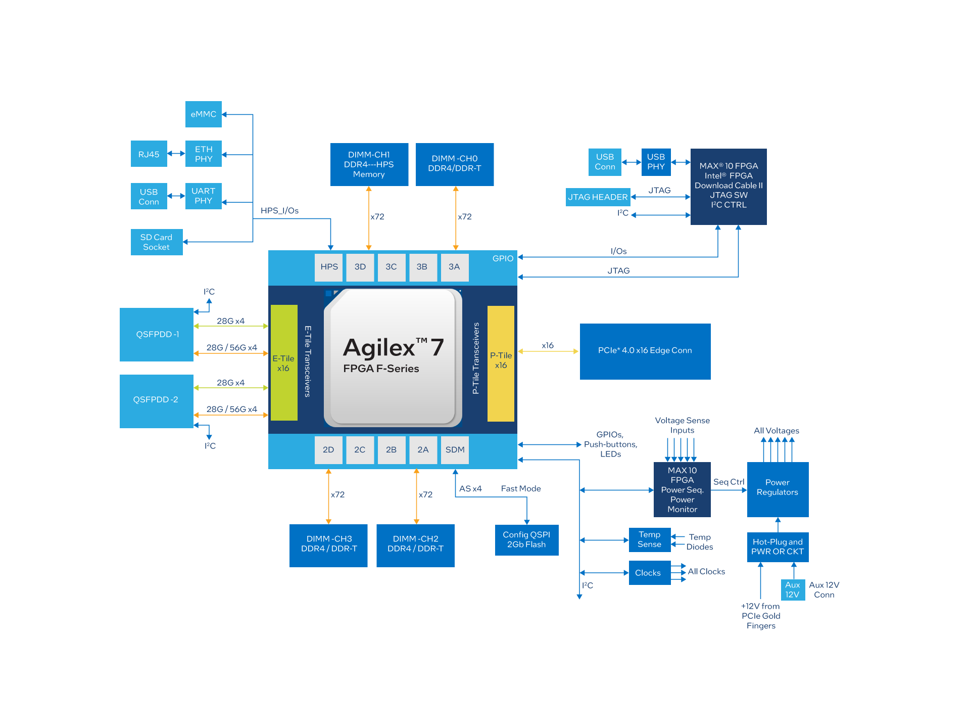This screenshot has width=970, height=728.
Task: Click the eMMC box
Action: pyautogui.click(x=203, y=114)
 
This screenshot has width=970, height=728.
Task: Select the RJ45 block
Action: pyautogui.click(x=149, y=154)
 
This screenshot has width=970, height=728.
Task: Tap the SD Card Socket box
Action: pyautogui.click(x=157, y=242)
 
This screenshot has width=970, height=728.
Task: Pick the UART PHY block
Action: pyautogui.click(x=203, y=196)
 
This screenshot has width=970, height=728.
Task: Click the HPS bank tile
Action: pyautogui.click(x=329, y=267)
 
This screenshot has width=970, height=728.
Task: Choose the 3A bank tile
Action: pyautogui.click(x=454, y=267)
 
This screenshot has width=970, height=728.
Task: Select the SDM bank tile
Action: pyautogui.click(x=455, y=450)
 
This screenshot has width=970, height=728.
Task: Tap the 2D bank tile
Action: pyautogui.click(x=328, y=450)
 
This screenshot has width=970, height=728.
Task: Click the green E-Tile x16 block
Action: pyautogui.click(x=284, y=363)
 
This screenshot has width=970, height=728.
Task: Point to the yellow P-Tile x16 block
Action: pyautogui.click(x=501, y=363)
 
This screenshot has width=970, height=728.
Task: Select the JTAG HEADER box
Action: pyautogui.click(x=598, y=197)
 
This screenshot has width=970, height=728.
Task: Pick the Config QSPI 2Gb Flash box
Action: pyautogui.click(x=526, y=540)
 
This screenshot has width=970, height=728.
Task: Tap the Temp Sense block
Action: pyautogui.click(x=649, y=540)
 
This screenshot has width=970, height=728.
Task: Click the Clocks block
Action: pyautogui.click(x=649, y=573)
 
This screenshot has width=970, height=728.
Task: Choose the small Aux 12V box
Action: pyautogui.click(x=792, y=590)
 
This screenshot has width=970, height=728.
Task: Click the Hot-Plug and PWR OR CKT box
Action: pyautogui.click(x=778, y=547)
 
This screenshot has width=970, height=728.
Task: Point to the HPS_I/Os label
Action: pyautogui.click(x=279, y=211)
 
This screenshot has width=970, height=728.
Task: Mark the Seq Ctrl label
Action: pyautogui.click(x=729, y=482)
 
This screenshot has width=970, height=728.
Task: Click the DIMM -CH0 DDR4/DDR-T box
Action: pyautogui.click(x=455, y=164)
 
